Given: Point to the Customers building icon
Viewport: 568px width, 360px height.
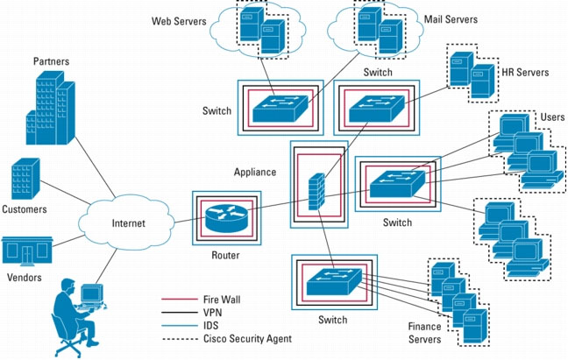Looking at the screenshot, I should [26, 180].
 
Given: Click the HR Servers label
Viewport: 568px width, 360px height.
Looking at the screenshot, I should [524, 73].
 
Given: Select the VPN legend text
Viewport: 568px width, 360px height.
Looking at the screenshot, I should [214, 312].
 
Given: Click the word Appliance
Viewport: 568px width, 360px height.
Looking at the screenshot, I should [256, 172].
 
